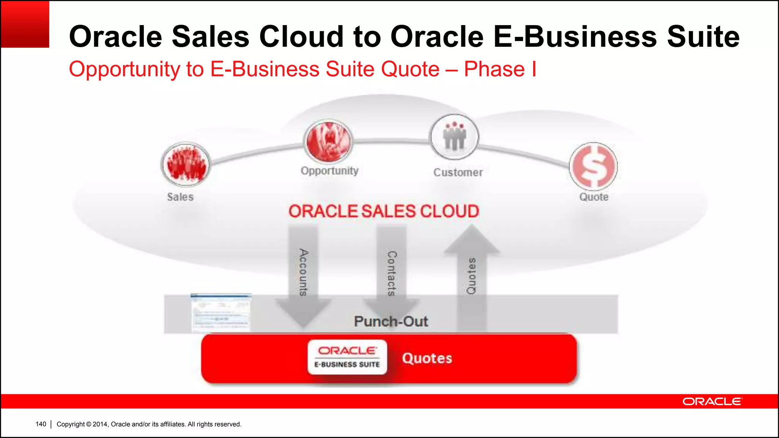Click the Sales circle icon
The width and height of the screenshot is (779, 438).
click(x=186, y=164)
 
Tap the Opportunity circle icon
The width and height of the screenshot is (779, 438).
click(x=328, y=141)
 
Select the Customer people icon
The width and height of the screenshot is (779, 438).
click(x=454, y=137)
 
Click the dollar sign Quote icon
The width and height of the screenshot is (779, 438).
click(x=593, y=167)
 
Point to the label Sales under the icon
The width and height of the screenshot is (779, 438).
click(x=180, y=197)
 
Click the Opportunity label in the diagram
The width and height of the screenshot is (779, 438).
click(x=329, y=171)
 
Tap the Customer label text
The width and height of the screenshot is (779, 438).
click(x=458, y=173)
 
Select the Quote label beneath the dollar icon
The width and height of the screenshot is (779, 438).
click(x=594, y=197)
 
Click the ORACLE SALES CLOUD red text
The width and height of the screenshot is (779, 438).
click(x=383, y=211)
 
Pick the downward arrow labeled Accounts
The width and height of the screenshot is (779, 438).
click(x=303, y=274)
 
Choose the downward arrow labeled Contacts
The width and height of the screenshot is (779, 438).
click(x=391, y=274)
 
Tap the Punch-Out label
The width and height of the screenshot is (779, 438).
click(x=391, y=322)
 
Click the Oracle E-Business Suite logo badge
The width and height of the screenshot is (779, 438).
click(x=347, y=357)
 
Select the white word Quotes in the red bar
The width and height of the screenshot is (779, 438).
click(x=427, y=358)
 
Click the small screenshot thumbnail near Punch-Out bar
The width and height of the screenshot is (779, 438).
click(x=221, y=313)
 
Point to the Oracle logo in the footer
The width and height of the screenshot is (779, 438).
click(x=712, y=401)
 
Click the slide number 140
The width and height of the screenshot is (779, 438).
click(x=41, y=424)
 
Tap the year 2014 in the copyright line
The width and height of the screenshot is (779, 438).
click(x=100, y=424)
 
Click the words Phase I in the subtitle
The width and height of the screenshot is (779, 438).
click(x=500, y=69)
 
